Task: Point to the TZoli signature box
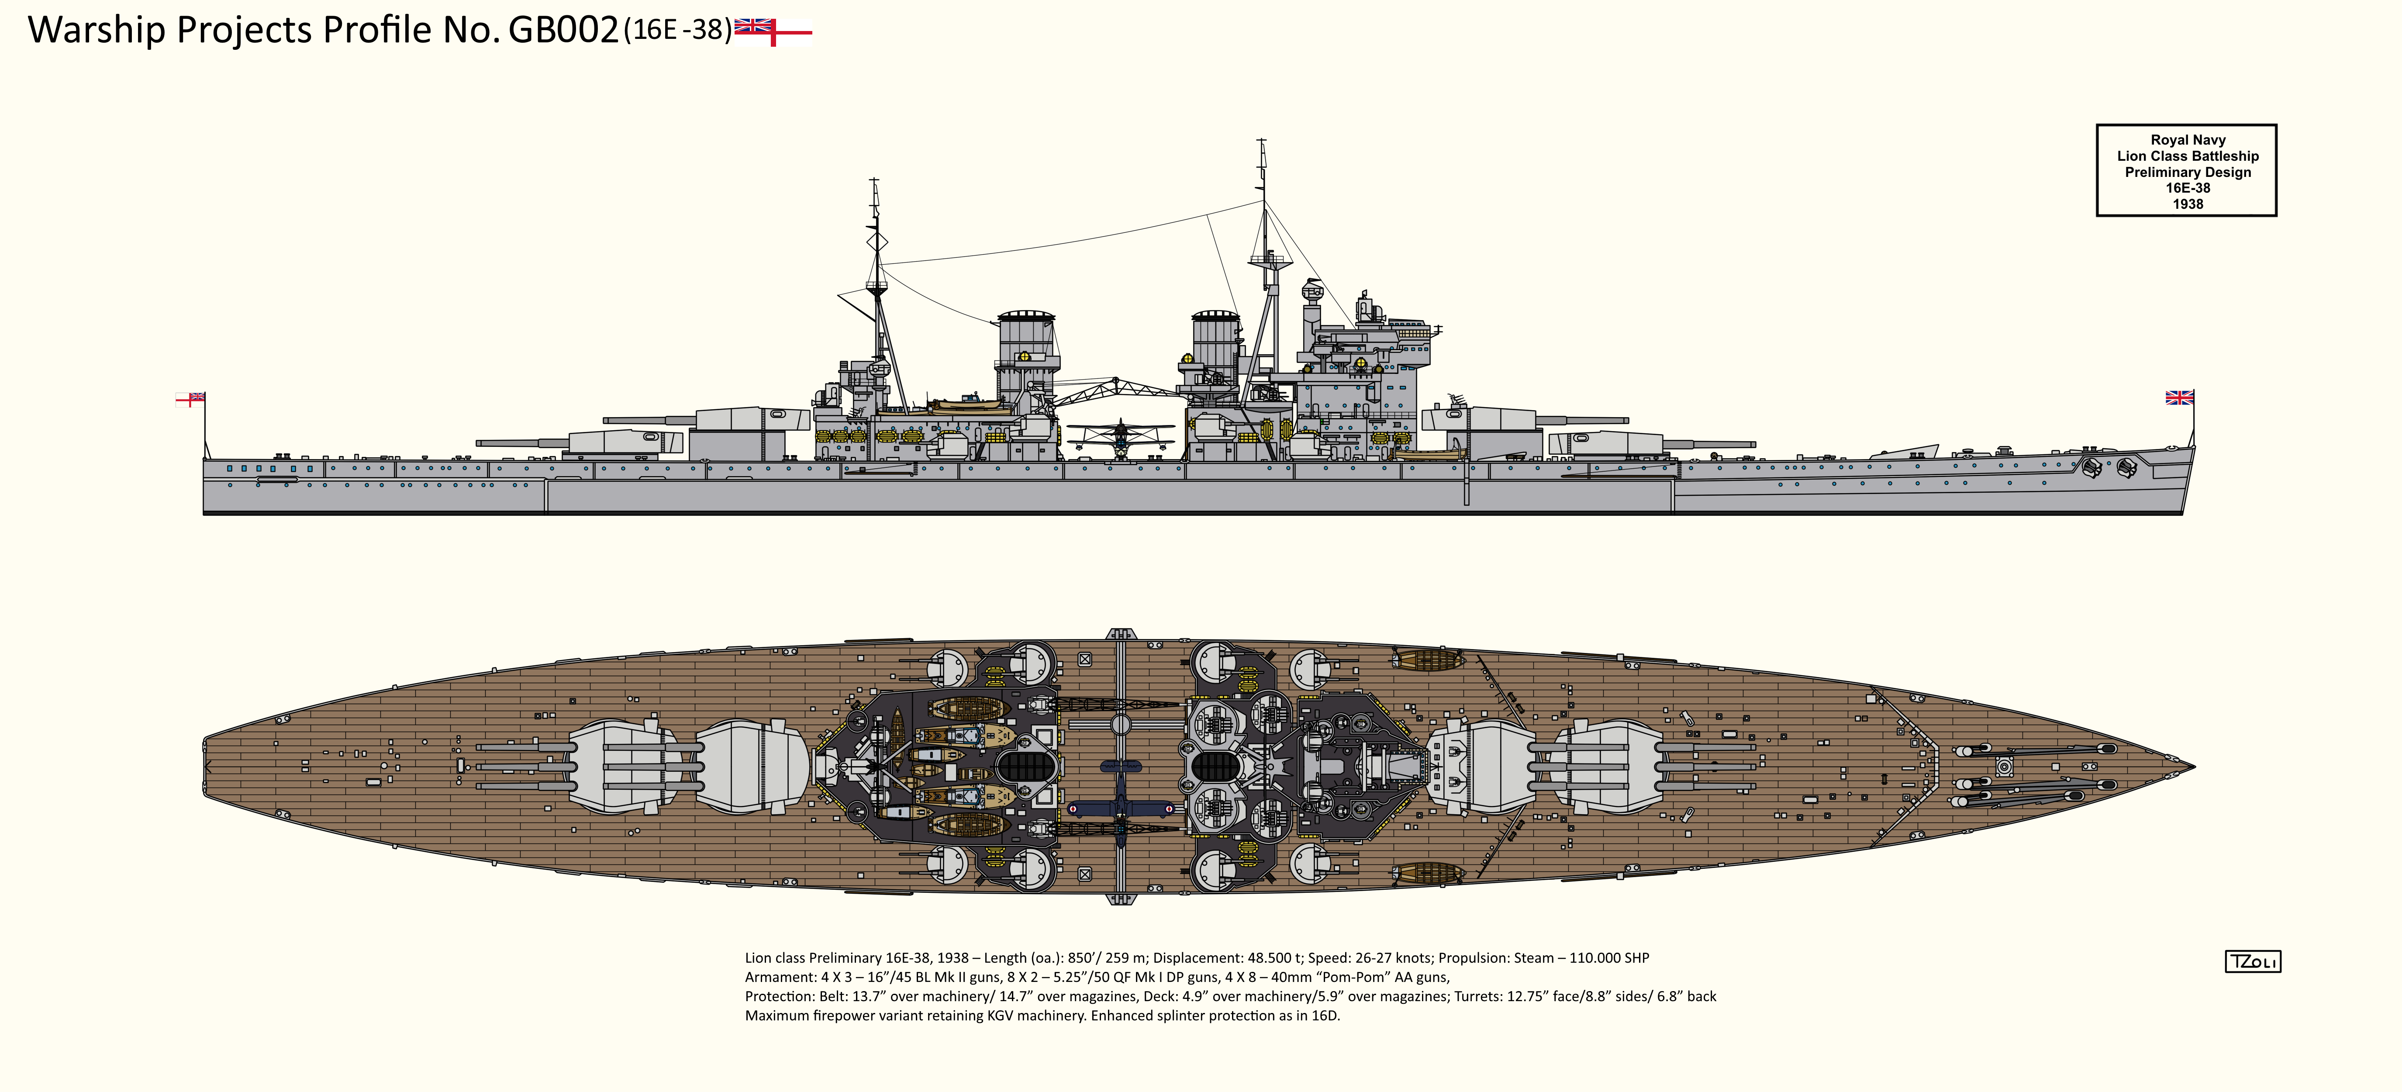point(2252,961)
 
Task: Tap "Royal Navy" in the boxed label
point(2188,140)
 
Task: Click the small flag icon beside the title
point(773,31)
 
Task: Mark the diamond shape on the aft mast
point(877,242)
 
